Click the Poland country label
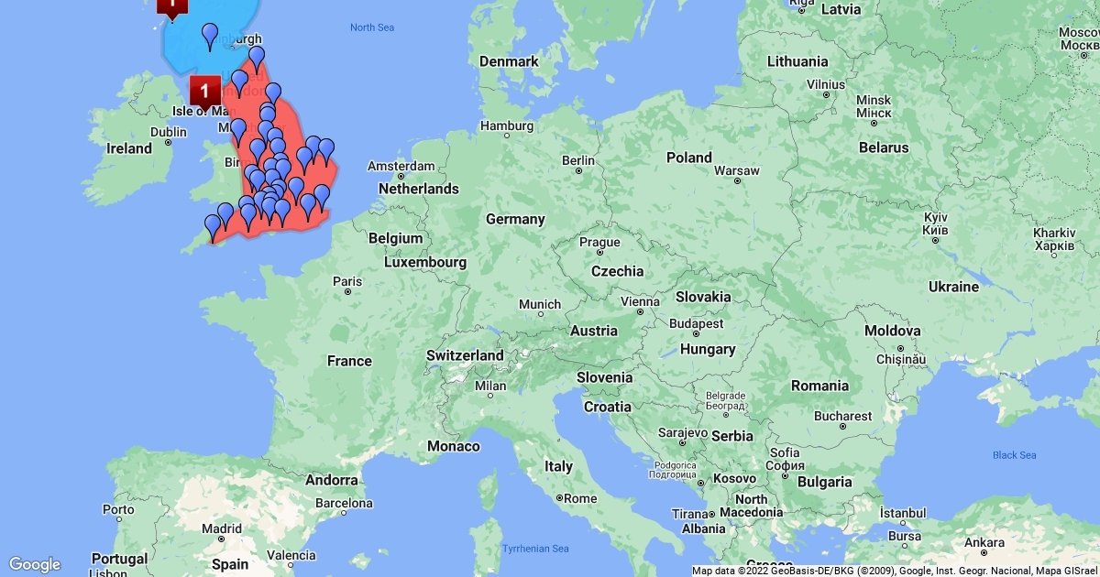[688, 158]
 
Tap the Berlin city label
[578, 160]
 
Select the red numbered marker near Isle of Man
[204, 92]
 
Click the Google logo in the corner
[35, 564]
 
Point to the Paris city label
[347, 280]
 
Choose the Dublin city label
[168, 131]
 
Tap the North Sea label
[372, 27]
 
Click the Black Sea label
[1014, 455]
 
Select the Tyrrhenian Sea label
[535, 549]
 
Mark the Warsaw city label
[736, 170]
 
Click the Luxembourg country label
[425, 262]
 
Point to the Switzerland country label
[465, 355]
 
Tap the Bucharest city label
[842, 416]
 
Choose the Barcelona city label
[344, 503]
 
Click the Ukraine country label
[953, 287]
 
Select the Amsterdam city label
[401, 167]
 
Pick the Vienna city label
[640, 301]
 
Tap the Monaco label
[454, 446]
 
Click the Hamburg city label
[507, 125]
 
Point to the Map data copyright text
[895, 571]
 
